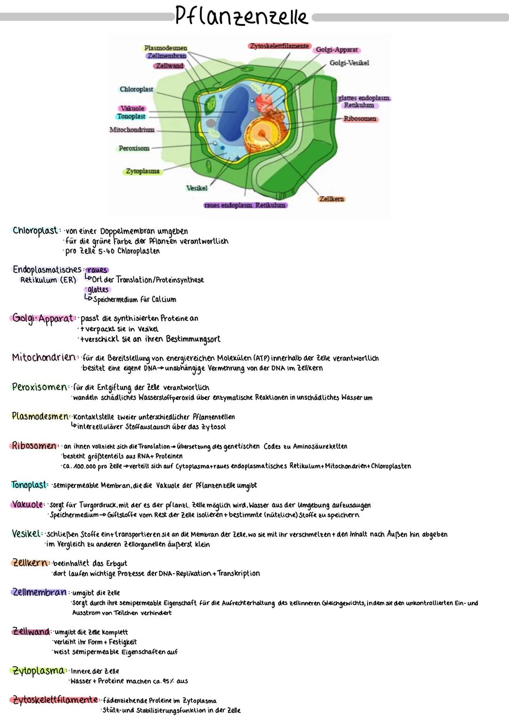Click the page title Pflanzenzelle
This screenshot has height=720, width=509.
(241, 16)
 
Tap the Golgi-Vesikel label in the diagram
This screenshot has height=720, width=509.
(349, 63)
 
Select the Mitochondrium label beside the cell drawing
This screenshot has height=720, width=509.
(132, 130)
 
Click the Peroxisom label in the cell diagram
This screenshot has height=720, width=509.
(134, 148)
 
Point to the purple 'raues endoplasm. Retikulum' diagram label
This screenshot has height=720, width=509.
(245, 205)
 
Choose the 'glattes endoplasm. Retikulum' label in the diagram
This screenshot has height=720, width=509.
(364, 101)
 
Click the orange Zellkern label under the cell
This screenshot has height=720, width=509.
(331, 199)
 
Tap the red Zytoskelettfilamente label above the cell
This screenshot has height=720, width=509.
(279, 46)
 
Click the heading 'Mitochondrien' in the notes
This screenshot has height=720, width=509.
(43, 357)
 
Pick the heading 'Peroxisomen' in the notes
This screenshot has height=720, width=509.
(40, 387)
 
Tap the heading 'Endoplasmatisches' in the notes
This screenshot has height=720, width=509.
(47, 270)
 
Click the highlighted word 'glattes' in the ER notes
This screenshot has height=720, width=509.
(98, 290)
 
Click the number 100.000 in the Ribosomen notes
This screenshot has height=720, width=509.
(85, 466)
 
